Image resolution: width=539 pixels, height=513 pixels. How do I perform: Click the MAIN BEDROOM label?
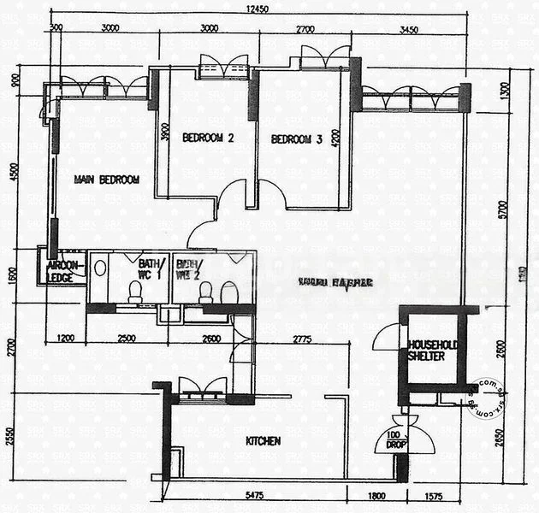point(106,180)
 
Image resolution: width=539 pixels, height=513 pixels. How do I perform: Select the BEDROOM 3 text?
point(297,139)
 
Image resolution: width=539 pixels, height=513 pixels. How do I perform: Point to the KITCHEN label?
point(264,441)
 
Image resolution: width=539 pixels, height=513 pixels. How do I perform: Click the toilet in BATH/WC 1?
point(134,292)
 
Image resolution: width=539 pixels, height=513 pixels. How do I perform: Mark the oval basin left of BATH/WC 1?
point(100,268)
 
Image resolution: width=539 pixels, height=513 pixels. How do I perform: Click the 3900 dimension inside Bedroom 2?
point(165,133)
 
